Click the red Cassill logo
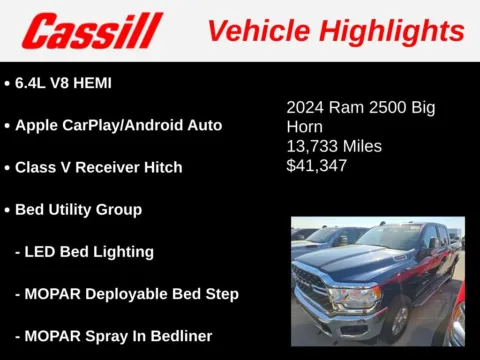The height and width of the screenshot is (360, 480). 92,30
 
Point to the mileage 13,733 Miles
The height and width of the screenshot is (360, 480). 334,146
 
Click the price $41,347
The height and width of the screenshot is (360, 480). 317,165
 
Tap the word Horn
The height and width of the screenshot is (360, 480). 304,127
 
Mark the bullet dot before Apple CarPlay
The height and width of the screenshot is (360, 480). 7,125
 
